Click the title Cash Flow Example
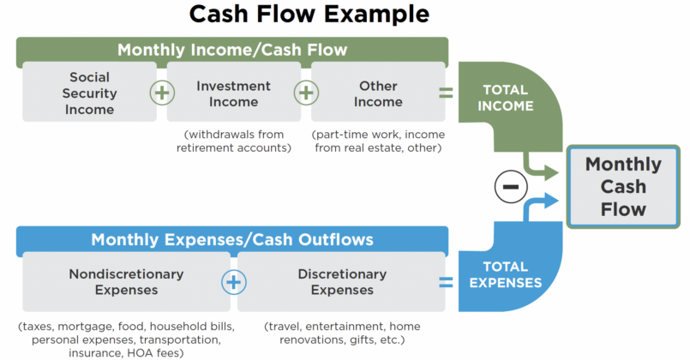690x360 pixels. [309, 15]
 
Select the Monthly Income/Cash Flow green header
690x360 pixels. [231, 50]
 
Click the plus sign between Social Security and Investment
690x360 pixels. [161, 92]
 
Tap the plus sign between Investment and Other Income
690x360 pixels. [306, 92]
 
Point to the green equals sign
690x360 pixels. [446, 93]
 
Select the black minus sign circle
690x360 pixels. [510, 186]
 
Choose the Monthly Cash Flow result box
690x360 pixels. [623, 186]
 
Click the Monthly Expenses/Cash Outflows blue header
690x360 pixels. [231, 240]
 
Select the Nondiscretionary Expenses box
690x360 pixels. [126, 282]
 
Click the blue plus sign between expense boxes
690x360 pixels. [233, 281]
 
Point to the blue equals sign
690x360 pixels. [446, 281]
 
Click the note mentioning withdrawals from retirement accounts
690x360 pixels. [234, 141]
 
